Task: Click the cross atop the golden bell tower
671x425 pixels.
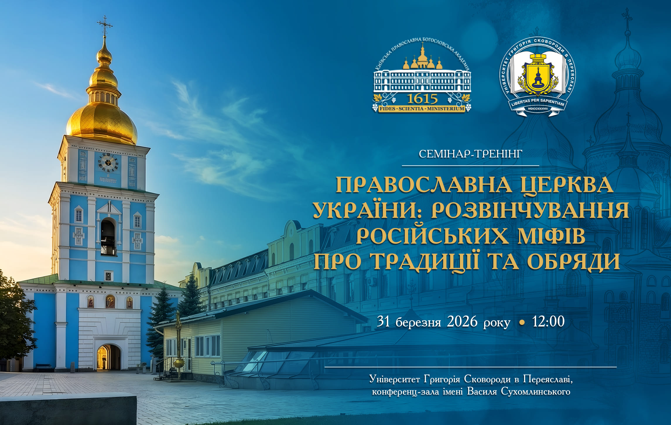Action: (x=105, y=25)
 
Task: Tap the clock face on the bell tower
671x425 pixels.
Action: (x=108, y=163)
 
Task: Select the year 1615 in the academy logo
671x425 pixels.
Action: (x=422, y=99)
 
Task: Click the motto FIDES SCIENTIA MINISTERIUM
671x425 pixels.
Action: (x=422, y=109)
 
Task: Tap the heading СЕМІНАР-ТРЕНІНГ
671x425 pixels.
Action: (x=470, y=154)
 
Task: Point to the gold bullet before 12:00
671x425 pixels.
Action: (x=521, y=323)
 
